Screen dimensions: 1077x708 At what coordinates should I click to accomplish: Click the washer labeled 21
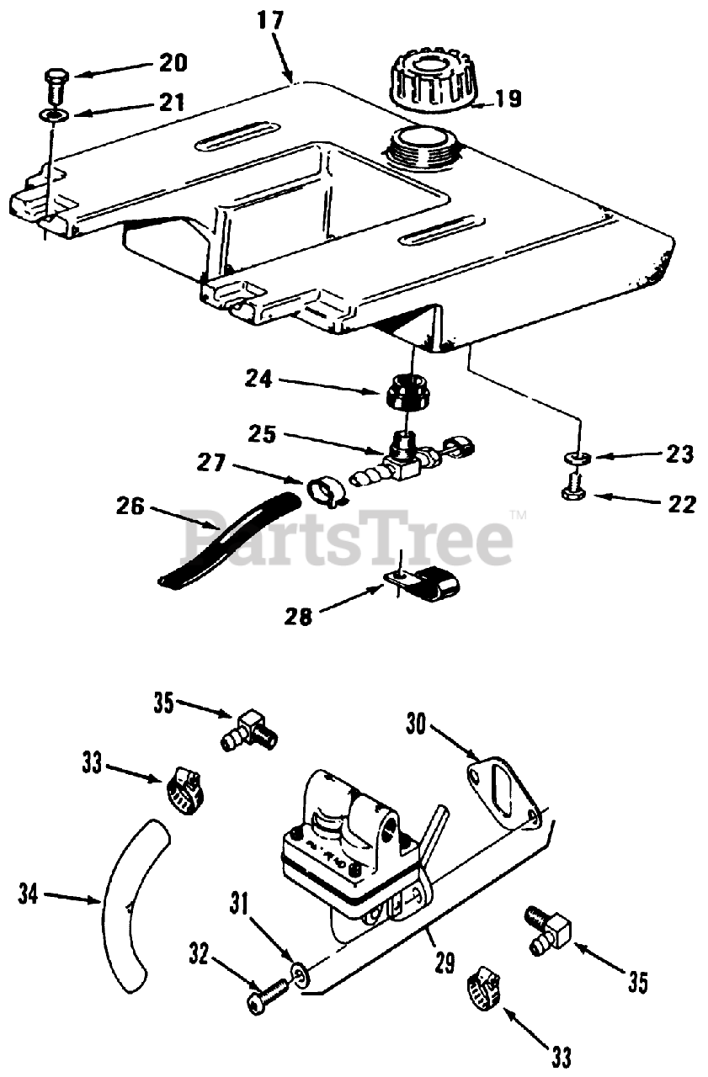click(x=51, y=114)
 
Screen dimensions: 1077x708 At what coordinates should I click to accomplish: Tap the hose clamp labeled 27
click(x=322, y=491)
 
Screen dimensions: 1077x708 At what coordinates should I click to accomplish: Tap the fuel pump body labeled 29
click(x=354, y=850)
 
